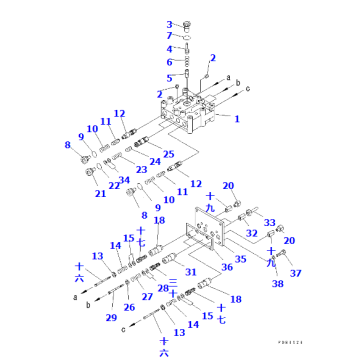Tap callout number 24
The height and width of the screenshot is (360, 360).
155,160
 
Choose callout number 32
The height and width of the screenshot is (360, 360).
252,233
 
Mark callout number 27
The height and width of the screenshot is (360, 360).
147,297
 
